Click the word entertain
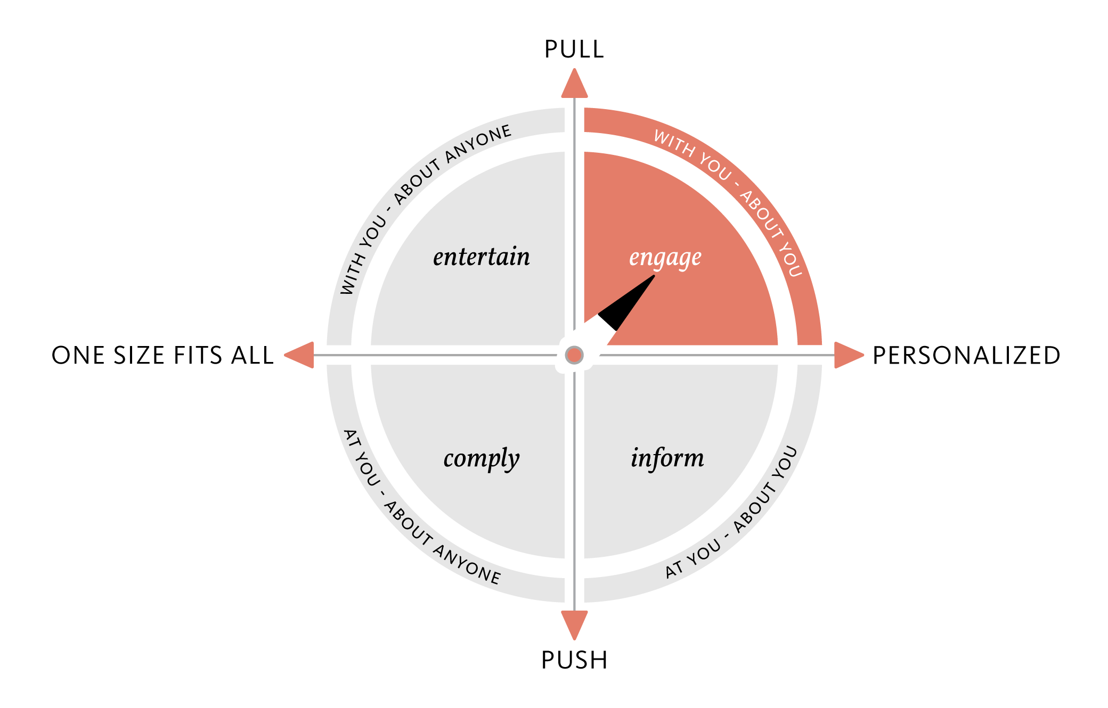[x=481, y=257]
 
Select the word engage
[x=665, y=258]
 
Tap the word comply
[x=481, y=458]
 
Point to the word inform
[x=667, y=458]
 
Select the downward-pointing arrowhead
[x=574, y=624]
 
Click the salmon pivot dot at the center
[x=574, y=355]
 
